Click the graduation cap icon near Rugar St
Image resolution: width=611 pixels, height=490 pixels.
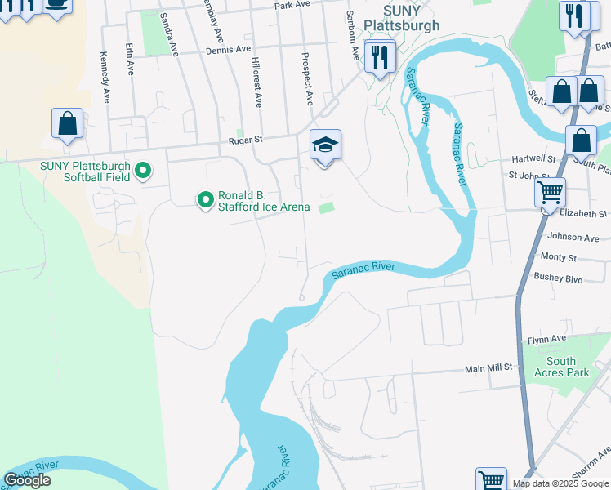point(325,146)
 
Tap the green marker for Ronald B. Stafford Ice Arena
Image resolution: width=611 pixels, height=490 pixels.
point(204,198)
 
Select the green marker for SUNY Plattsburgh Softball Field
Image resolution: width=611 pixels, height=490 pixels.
point(143,171)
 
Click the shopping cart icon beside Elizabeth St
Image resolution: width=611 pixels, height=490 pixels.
point(550,194)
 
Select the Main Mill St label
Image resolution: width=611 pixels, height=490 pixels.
point(488,368)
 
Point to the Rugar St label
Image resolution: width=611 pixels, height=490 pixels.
point(245,140)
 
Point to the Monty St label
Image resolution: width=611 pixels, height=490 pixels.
point(560,257)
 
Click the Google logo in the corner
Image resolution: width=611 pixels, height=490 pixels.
point(28,480)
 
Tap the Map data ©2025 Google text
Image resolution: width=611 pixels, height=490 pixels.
point(559,483)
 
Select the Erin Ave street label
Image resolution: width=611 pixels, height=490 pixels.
point(129,60)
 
